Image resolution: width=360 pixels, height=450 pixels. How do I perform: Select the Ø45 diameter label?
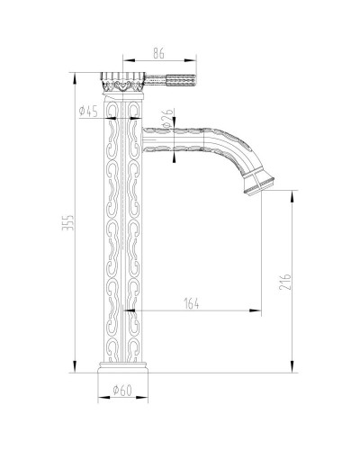pyautogui.click(x=88, y=112)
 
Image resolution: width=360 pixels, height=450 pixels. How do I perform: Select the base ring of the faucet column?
pyautogui.click(x=119, y=371)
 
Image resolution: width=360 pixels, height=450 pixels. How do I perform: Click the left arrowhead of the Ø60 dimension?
pyautogui.click(x=98, y=402)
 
